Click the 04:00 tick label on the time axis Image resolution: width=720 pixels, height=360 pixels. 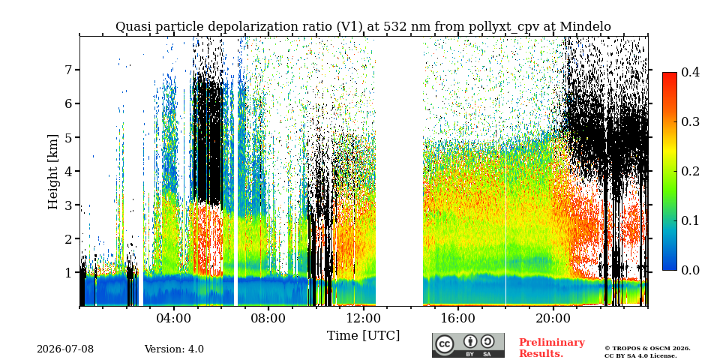pos(174,318)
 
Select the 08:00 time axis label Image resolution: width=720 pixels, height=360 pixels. pos(268,318)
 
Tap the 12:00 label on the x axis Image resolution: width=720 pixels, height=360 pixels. pos(363,318)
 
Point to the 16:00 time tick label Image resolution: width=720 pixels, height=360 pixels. pos(457,318)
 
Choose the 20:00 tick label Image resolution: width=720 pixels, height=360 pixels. pos(553,318)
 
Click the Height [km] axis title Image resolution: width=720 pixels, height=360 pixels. pos(54,172)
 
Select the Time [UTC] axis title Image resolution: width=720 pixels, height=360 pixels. pos(363,336)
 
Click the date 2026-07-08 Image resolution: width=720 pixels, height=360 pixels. pos(65,349)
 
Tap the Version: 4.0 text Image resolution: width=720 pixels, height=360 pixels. pos(174,349)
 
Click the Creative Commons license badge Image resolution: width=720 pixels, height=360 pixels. pos(468,345)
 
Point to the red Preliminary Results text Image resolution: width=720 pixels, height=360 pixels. pos(551,347)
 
